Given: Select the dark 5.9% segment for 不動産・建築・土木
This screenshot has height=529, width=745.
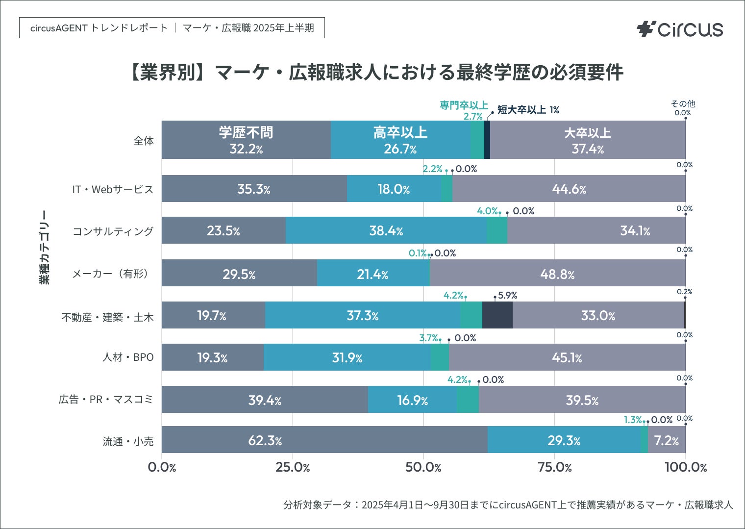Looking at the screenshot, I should point(497,315).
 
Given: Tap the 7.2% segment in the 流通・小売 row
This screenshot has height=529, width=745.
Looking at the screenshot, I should point(667,440).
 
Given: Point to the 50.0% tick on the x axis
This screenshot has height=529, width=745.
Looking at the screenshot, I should point(423,467).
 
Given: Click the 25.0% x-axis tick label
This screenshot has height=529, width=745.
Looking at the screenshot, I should point(293,467).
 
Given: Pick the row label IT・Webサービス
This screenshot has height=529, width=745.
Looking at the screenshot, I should point(113,189).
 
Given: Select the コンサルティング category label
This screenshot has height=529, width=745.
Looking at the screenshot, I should point(113,231).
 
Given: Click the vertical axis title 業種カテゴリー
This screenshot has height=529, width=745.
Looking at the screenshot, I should point(45,247).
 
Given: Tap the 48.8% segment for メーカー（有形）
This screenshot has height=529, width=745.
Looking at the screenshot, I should point(557,273).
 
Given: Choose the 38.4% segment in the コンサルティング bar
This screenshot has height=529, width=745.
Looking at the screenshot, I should point(386,230).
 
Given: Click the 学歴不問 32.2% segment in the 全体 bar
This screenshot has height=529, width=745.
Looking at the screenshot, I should point(246,140).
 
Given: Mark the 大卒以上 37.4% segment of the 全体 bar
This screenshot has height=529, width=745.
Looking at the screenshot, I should point(588,140).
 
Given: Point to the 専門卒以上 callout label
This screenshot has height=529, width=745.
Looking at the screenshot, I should point(464,105).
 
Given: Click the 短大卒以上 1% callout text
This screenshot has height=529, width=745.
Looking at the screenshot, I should point(528,110).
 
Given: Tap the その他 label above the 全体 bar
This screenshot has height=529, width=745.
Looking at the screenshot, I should point(683,104).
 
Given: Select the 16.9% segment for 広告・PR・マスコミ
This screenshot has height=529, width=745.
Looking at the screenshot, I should point(412,400).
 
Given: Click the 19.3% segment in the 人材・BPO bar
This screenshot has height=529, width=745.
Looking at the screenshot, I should point(212,357).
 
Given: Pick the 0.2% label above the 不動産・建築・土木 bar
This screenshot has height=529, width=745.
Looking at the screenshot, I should point(684,292).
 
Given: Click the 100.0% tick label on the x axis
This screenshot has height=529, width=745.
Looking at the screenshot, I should point(685,467).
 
